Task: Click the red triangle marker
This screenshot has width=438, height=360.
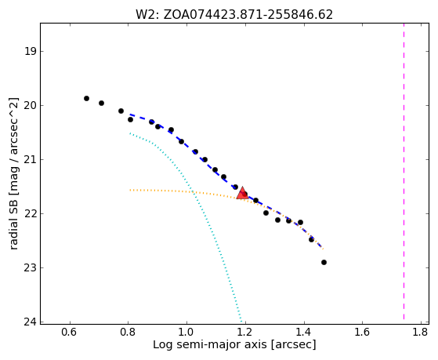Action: (242, 193)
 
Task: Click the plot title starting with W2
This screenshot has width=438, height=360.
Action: (234, 15)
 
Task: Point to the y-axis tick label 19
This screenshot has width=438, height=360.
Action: (31, 52)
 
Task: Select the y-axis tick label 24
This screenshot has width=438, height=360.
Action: (31, 322)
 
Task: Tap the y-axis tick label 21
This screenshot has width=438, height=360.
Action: (31, 160)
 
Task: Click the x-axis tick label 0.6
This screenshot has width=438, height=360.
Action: (70, 332)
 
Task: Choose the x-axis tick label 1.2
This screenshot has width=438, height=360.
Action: (245, 332)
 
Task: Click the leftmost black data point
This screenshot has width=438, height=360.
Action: (87, 99)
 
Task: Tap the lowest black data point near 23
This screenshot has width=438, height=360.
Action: (324, 263)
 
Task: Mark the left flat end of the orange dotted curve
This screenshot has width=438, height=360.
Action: (130, 191)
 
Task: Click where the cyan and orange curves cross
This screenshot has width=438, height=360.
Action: (193, 192)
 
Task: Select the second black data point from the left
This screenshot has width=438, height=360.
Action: (101, 104)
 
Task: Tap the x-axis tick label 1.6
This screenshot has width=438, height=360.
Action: (362, 332)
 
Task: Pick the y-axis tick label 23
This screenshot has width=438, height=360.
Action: (31, 268)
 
